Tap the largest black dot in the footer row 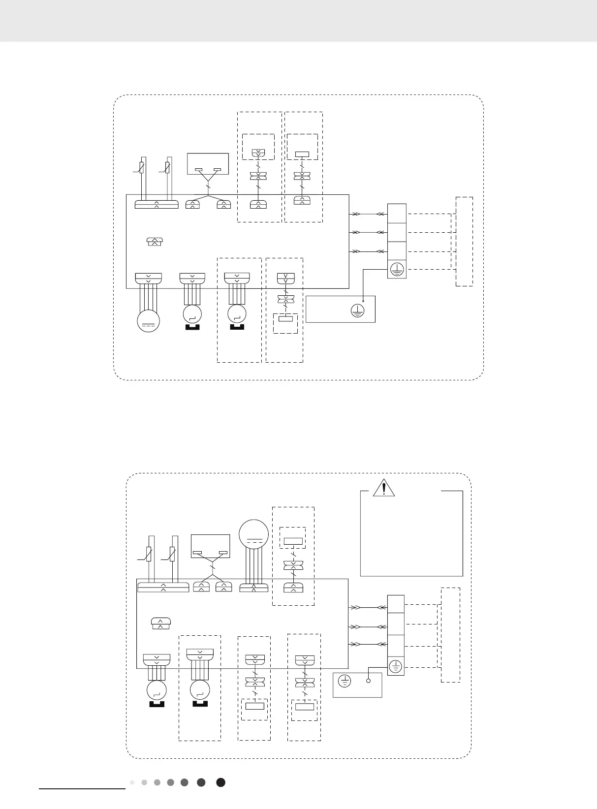point(221,782)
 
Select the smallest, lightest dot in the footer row point(132,782)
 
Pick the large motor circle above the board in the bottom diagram point(253,534)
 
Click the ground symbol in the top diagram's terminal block point(397,269)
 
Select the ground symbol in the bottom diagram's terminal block point(396,667)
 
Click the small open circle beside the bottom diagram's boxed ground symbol point(368,681)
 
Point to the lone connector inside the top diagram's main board point(155,241)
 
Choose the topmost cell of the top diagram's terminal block point(397,214)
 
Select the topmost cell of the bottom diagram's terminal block point(396,604)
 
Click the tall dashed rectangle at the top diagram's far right point(464,241)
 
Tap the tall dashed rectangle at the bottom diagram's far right point(450,635)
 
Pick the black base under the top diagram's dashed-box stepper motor point(237,326)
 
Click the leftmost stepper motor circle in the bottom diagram point(157,690)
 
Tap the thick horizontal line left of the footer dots point(82,788)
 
